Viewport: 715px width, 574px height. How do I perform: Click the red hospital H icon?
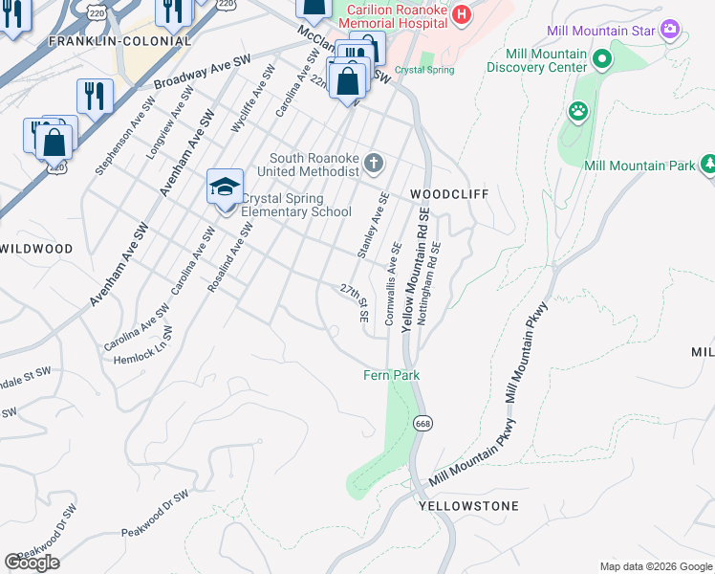point(462,14)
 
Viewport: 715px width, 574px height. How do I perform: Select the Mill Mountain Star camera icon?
point(670,31)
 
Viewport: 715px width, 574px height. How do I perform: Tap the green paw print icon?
point(578,112)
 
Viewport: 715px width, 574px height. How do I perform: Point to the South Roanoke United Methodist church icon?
point(373,165)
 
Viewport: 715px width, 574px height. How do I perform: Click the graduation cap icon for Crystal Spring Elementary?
point(225,187)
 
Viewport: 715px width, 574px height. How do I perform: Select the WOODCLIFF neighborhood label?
point(449,194)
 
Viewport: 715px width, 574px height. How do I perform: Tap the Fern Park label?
point(391,376)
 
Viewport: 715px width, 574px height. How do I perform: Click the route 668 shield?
point(422,422)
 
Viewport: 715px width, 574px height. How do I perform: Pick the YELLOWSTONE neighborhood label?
point(468,506)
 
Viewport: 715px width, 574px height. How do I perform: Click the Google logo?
point(32,563)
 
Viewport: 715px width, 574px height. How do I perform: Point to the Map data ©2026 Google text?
point(656,566)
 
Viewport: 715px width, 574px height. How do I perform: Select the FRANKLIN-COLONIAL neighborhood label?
point(119,41)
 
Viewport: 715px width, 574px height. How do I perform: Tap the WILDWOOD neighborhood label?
point(36,249)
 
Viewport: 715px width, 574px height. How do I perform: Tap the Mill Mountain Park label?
point(639,166)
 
